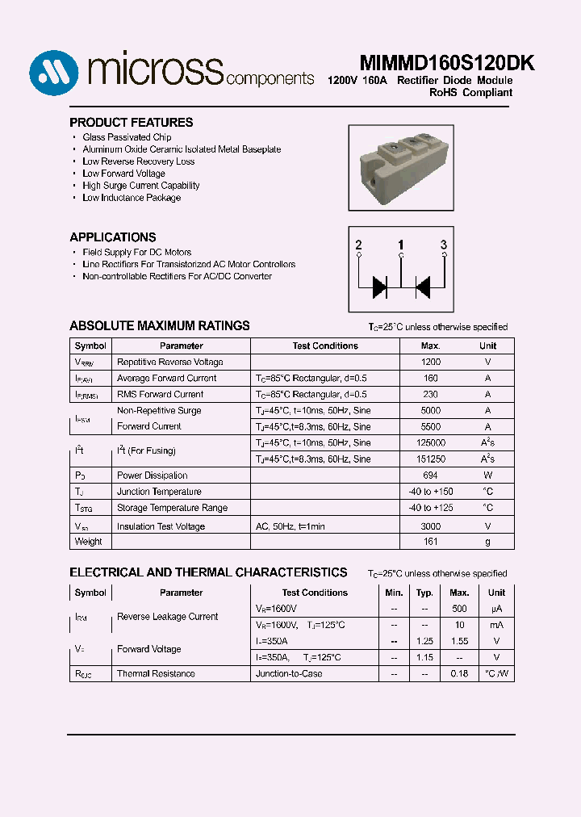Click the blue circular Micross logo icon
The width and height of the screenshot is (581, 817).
(55, 74)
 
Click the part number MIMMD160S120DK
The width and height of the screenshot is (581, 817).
(435, 64)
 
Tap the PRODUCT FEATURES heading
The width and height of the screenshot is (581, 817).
(131, 123)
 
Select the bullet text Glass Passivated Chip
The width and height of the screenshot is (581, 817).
(127, 137)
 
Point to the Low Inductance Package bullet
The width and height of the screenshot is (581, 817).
(132, 198)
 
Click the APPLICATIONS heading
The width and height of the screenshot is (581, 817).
(113, 237)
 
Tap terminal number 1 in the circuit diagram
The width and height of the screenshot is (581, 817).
(400, 245)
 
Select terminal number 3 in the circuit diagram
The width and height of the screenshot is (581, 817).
(443, 245)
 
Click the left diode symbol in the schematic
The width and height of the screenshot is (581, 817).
(379, 286)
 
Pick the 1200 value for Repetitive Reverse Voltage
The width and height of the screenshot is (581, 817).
(431, 362)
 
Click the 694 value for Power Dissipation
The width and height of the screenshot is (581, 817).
(431, 476)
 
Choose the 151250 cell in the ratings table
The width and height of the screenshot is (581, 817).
(431, 459)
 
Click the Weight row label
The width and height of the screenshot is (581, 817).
(89, 542)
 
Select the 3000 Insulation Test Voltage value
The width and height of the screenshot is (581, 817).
(431, 526)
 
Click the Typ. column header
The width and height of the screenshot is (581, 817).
(424, 593)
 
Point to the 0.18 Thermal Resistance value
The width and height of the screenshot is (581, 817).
(459, 673)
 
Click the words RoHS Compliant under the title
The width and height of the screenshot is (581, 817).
(470, 93)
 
